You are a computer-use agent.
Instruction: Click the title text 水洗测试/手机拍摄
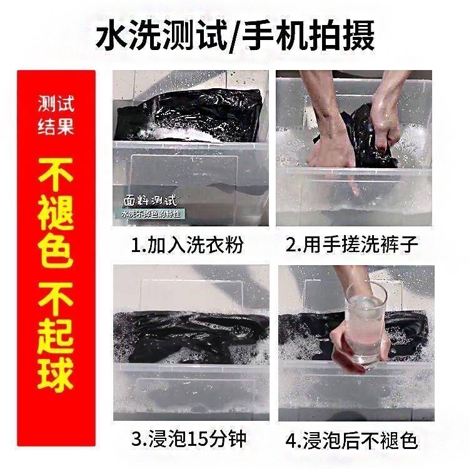tap(234, 36)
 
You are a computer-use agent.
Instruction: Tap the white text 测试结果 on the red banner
tap(56, 114)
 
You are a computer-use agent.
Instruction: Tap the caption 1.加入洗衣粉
tap(187, 245)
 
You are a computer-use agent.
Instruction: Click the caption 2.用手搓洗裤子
tap(351, 245)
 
